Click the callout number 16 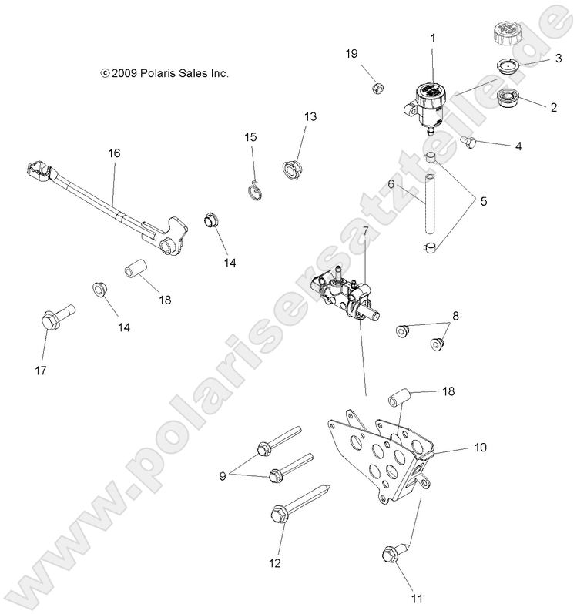113,153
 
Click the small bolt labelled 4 468,140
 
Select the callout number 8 455,316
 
